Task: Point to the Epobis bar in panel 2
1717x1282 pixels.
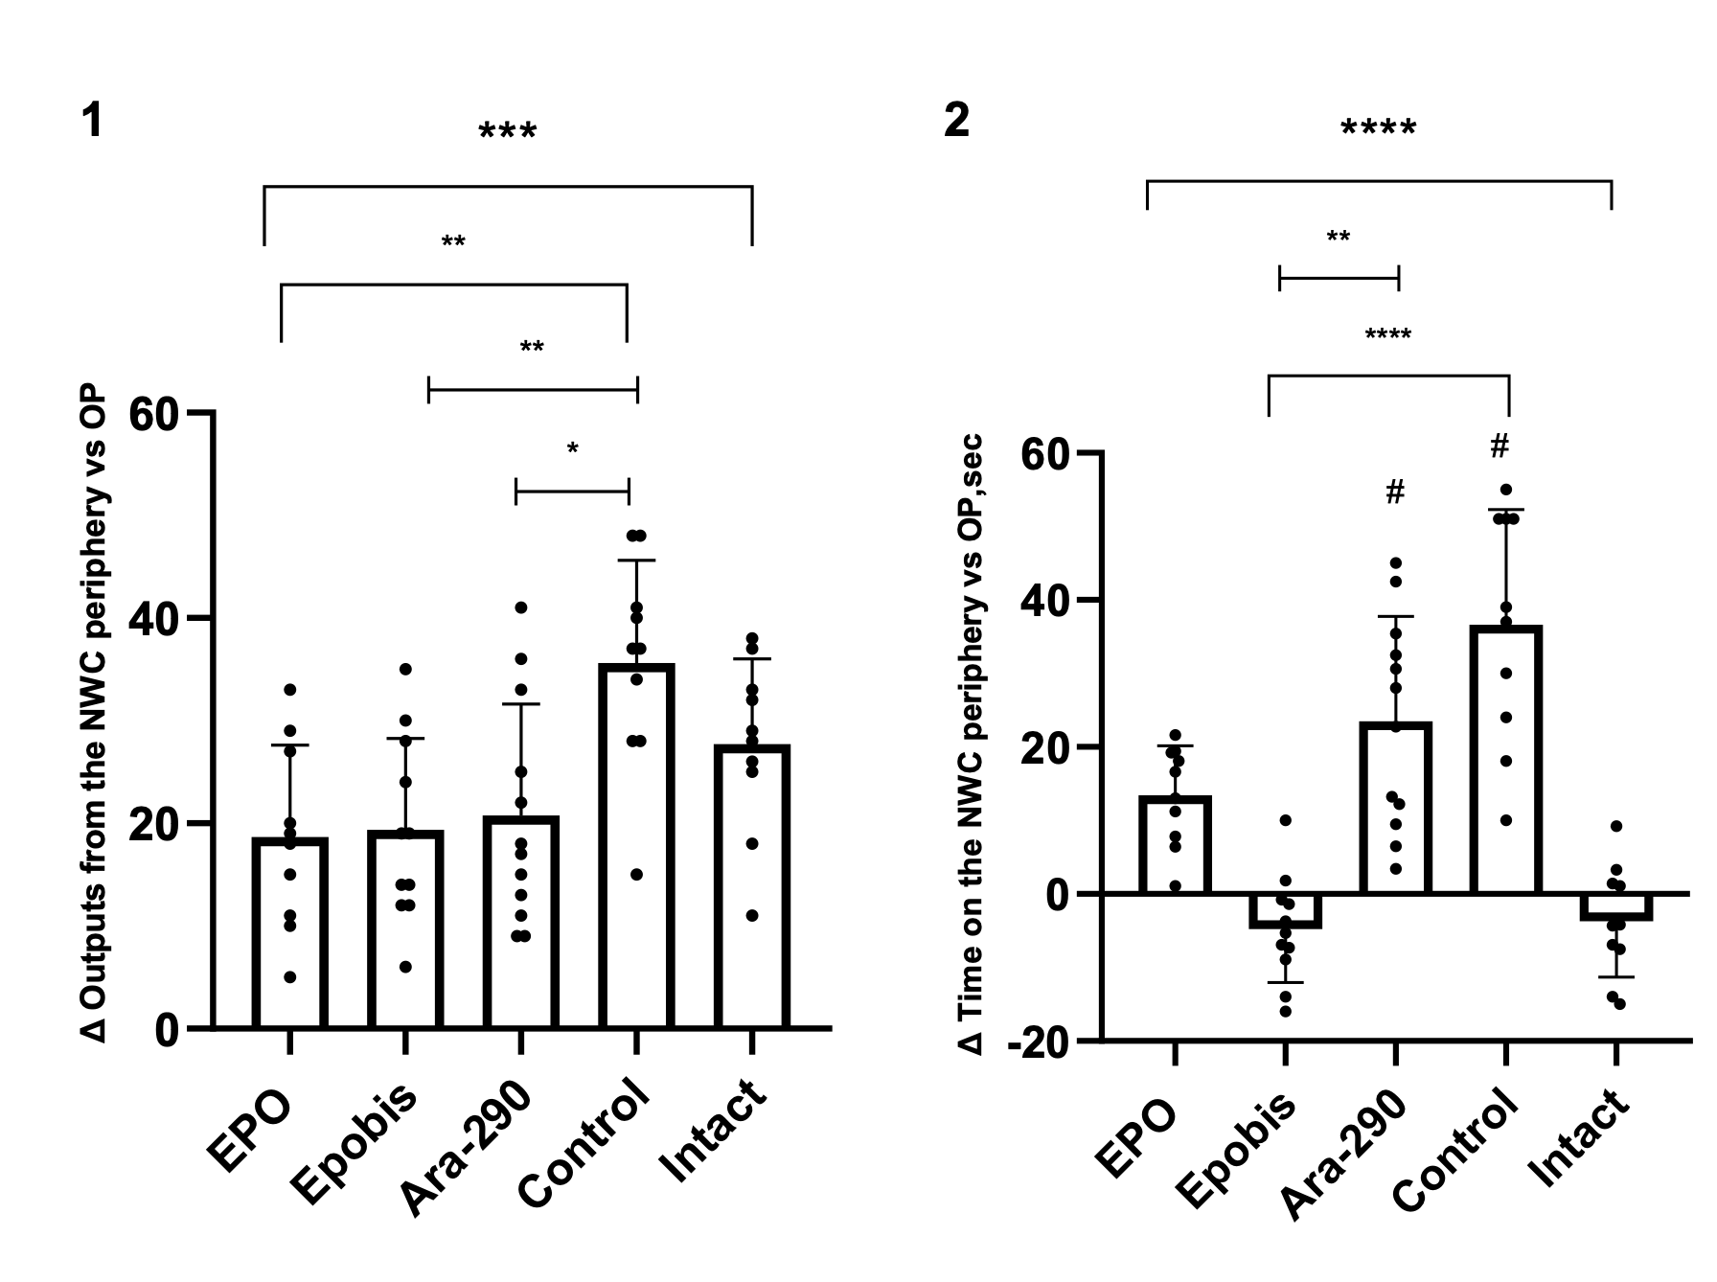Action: tap(1285, 910)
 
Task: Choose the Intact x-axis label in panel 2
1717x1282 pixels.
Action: tap(1581, 1140)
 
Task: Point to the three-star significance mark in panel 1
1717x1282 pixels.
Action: tap(508, 132)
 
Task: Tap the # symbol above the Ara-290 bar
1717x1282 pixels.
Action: tap(1395, 492)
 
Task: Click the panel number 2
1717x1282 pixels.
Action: tap(956, 122)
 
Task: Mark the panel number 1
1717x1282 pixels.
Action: tap(92, 122)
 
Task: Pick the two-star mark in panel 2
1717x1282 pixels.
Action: tap(1339, 237)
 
